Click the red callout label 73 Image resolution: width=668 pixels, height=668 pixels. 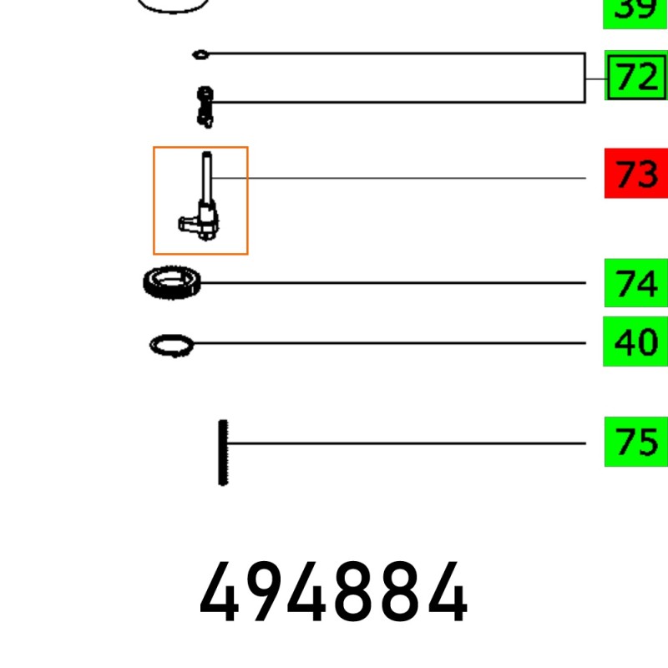tap(636, 174)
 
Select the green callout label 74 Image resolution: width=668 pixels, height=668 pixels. tap(636, 282)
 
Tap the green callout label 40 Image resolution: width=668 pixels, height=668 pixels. tap(635, 342)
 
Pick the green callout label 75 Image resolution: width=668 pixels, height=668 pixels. tap(636, 442)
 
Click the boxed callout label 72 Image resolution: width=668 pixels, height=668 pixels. tap(636, 75)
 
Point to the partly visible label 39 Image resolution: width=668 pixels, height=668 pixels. tap(635, 12)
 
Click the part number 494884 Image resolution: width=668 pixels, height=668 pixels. tap(333, 592)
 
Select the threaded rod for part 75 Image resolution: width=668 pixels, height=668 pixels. tap(223, 453)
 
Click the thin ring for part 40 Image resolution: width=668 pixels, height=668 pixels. tap(171, 346)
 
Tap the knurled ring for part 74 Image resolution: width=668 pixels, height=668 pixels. tap(172, 282)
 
